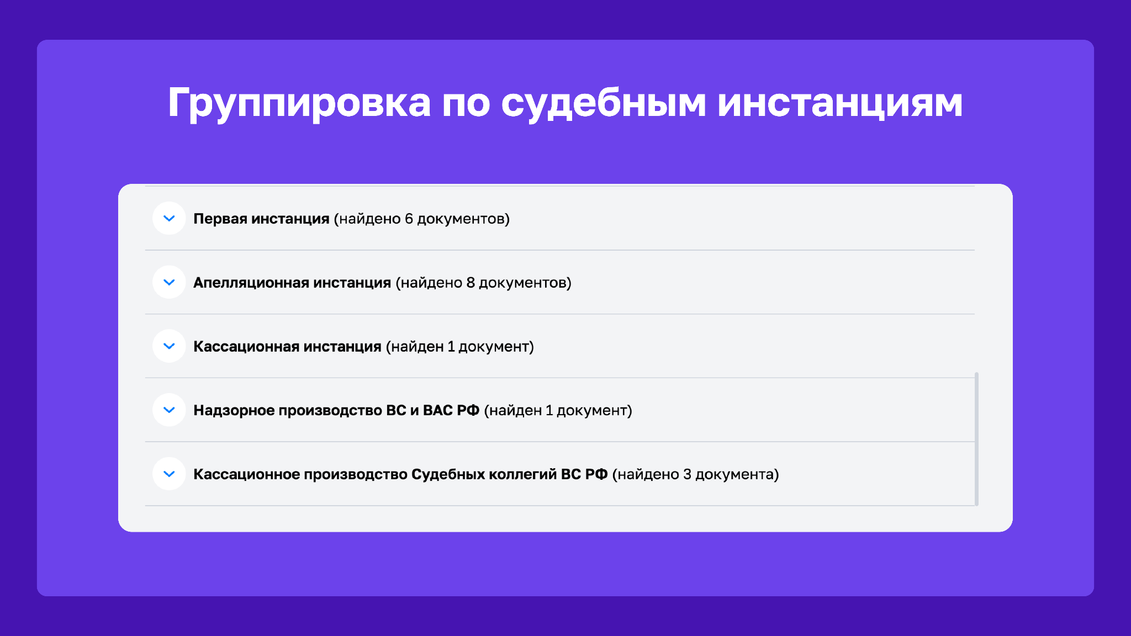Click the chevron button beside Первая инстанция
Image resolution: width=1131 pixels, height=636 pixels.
[169, 219]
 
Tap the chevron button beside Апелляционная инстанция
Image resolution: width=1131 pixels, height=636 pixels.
[169, 283]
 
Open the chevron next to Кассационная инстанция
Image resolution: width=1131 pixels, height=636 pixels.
[169, 346]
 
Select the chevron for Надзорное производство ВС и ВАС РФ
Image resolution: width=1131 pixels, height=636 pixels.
[169, 410]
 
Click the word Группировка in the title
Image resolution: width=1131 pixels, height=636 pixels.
[299, 104]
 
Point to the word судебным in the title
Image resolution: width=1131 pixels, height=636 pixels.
[604, 104]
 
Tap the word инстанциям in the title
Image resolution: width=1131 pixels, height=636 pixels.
[840, 104]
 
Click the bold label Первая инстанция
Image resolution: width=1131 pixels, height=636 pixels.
[261, 219]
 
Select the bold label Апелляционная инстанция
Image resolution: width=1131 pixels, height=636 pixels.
[292, 283]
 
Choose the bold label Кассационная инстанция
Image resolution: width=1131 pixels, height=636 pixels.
[287, 347]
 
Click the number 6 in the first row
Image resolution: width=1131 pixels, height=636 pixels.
[409, 219]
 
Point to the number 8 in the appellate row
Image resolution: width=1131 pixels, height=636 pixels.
[471, 283]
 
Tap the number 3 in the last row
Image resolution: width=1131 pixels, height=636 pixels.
[687, 474]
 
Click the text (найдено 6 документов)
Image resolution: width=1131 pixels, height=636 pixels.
[422, 219]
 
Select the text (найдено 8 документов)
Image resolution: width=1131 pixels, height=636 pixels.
[484, 283]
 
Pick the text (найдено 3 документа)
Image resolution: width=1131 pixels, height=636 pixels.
[696, 475]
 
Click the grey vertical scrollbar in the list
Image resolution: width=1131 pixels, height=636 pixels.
[976, 439]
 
